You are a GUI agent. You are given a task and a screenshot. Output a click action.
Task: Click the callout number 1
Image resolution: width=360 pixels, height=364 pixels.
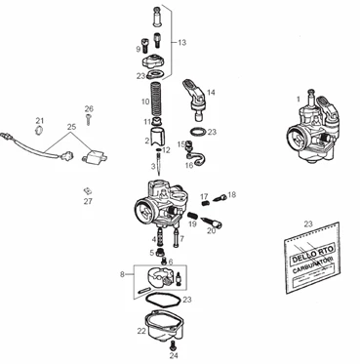pyautogui.click(x=298, y=99)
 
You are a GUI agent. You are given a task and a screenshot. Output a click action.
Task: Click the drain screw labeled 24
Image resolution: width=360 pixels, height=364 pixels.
pyautogui.click(x=173, y=345)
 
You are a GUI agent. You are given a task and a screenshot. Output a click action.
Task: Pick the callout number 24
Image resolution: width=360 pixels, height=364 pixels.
pyautogui.click(x=173, y=357)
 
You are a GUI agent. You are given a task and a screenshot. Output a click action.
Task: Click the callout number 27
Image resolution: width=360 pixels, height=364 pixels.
pyautogui.click(x=88, y=201)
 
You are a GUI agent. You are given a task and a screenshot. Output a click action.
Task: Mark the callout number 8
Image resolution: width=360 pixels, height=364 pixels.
pyautogui.click(x=122, y=275)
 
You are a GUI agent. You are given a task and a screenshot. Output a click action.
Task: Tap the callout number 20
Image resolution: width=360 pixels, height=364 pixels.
pyautogui.click(x=211, y=231)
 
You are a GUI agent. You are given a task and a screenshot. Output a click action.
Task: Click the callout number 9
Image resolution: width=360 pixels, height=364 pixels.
pyautogui.click(x=138, y=48)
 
